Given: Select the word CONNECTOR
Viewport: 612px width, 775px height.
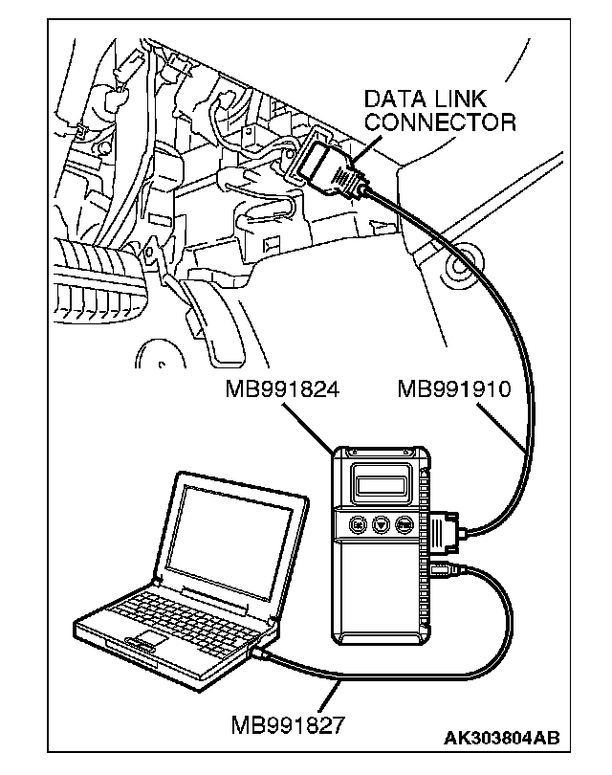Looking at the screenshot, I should click(439, 122).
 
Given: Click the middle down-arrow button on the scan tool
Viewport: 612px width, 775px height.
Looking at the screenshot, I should click(381, 525).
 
